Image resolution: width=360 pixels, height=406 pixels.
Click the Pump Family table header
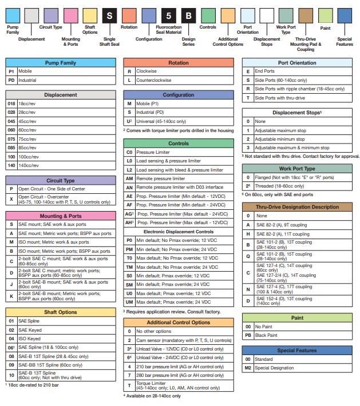(60, 62)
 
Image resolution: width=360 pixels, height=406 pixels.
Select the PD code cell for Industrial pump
(11, 81)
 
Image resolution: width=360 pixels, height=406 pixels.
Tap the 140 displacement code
(11, 165)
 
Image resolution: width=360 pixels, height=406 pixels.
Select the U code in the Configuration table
(129, 121)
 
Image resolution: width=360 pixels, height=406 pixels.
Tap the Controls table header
(178, 144)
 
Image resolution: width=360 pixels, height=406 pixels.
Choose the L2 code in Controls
(129, 170)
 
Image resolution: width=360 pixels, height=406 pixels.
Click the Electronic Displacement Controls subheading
(178, 231)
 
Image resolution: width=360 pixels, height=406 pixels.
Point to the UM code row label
(129, 301)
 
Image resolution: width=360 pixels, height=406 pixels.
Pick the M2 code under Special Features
(248, 368)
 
